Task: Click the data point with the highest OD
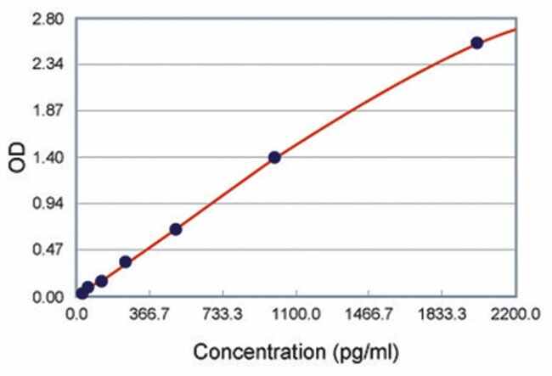pos(476,42)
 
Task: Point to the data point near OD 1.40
pos(274,157)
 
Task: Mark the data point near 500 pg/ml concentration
pos(176,229)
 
